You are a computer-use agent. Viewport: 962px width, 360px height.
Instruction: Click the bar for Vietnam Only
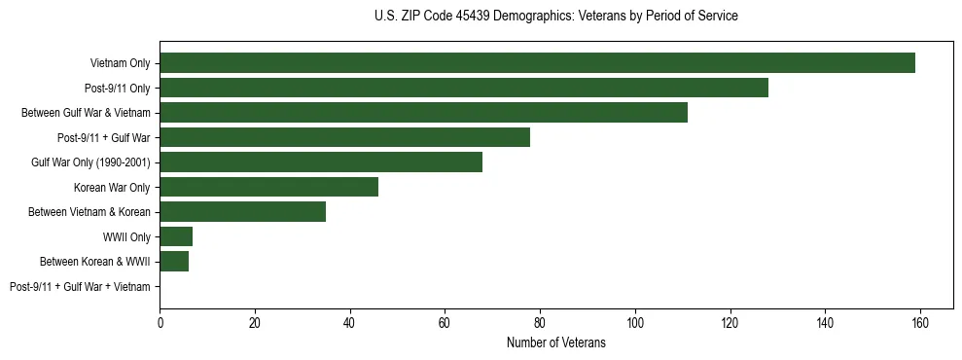click(x=537, y=63)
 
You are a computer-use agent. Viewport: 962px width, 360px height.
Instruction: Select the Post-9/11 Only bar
click(x=464, y=88)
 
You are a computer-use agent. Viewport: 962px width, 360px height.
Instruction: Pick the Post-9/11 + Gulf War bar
click(x=344, y=137)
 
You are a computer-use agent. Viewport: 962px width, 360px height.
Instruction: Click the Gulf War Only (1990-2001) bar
click(x=321, y=162)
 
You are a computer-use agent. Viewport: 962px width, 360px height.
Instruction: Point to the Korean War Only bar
click(x=268, y=187)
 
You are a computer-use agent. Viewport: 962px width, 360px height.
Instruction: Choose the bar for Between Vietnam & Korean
click(x=242, y=211)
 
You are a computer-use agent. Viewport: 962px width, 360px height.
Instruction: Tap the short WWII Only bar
click(x=176, y=236)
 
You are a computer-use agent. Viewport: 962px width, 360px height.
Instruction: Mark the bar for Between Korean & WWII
click(x=174, y=261)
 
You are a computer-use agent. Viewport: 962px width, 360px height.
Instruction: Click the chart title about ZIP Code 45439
click(x=555, y=17)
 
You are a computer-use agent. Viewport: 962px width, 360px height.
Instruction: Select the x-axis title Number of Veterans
click(x=555, y=342)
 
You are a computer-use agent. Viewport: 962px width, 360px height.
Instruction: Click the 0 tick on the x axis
click(x=160, y=323)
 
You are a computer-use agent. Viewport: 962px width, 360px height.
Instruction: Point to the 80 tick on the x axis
click(x=540, y=323)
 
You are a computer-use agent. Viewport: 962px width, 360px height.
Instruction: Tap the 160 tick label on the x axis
click(x=919, y=323)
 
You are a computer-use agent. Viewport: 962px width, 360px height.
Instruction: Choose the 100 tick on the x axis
click(x=634, y=323)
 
